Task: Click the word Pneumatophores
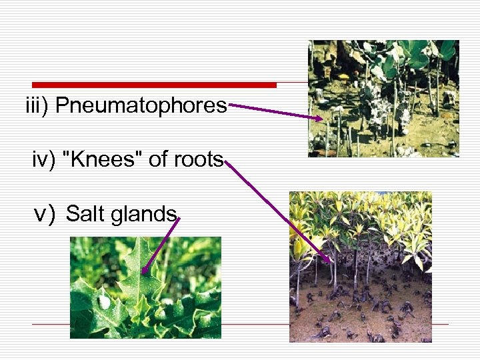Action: coord(141,106)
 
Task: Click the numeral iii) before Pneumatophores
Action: coord(38,106)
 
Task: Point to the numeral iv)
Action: coord(44,160)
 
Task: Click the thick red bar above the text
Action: coord(154,85)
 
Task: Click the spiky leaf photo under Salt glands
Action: coord(145,287)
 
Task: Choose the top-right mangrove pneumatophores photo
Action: coord(383,98)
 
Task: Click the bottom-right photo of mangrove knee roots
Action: coord(360,267)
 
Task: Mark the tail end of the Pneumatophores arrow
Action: coord(229,104)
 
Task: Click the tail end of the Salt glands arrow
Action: coord(179,218)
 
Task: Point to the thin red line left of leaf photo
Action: coord(51,325)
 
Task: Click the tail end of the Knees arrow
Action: coord(227,161)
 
